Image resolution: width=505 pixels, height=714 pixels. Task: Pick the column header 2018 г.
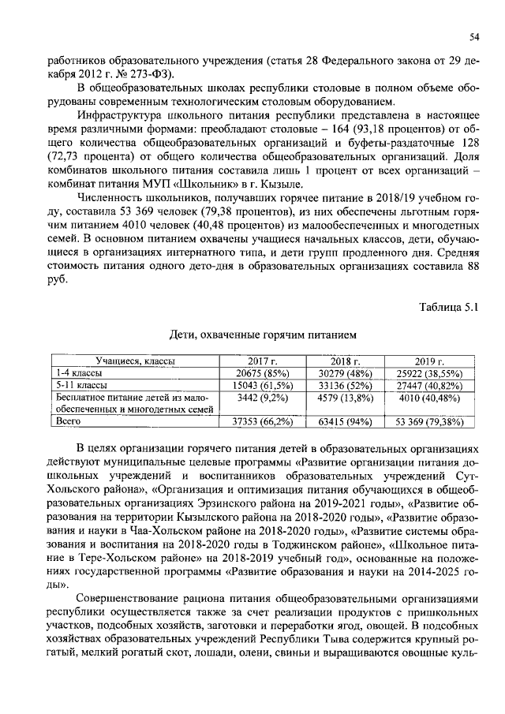tap(345, 361)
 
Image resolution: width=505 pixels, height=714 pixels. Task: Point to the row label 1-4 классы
tap(79, 372)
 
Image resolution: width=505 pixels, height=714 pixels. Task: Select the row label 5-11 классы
tap(81, 385)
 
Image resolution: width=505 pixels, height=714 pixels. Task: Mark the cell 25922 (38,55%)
tap(430, 372)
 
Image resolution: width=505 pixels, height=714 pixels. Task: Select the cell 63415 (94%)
tap(345, 422)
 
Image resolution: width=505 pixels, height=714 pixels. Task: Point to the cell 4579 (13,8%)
tap(345, 398)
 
